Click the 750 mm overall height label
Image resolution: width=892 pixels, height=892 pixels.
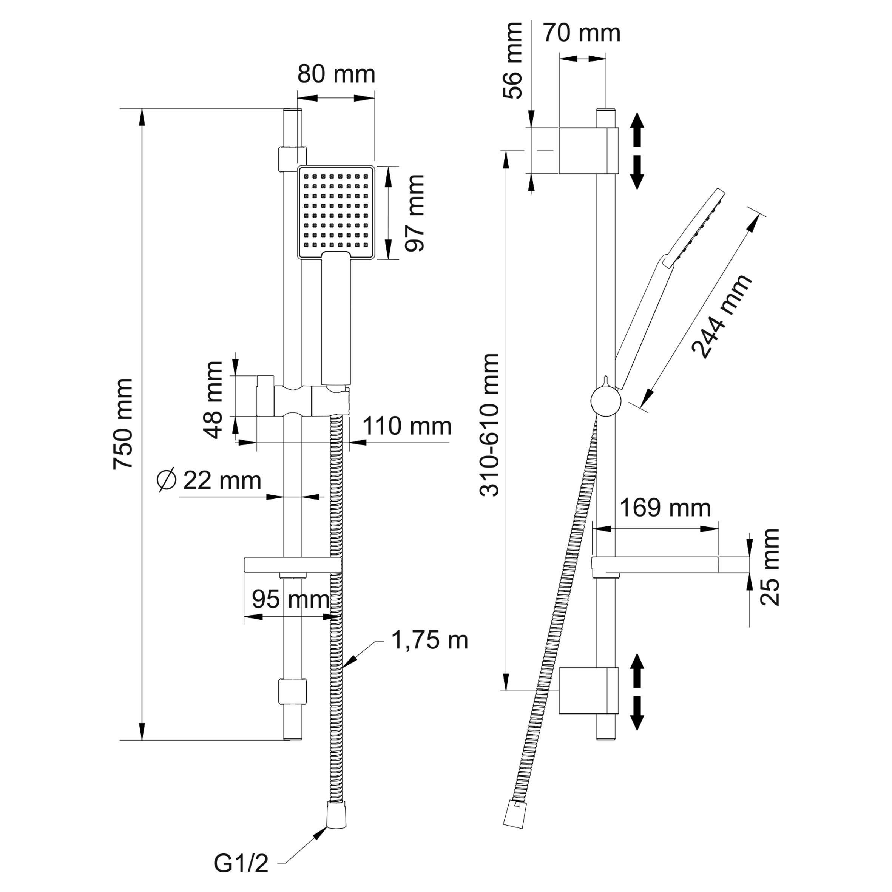click(124, 423)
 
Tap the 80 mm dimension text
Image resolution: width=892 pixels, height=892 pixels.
click(336, 74)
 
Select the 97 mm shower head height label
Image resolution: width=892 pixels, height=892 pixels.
click(414, 213)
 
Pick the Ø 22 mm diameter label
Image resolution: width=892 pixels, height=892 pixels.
click(209, 481)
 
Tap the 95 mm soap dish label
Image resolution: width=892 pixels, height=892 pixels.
click(290, 600)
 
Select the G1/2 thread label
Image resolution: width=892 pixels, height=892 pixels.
click(241, 863)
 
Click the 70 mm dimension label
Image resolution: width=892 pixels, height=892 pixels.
click(581, 33)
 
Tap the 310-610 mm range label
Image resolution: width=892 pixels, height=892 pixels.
click(490, 425)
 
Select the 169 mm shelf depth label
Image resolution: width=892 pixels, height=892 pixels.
click(664, 508)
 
